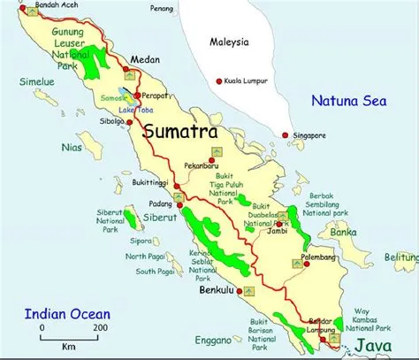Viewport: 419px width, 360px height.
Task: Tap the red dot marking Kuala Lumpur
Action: click(x=218, y=82)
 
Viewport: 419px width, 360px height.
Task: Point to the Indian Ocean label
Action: click(x=66, y=313)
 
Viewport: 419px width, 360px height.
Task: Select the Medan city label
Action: click(x=144, y=60)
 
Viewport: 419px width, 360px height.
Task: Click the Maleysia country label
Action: click(x=230, y=42)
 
